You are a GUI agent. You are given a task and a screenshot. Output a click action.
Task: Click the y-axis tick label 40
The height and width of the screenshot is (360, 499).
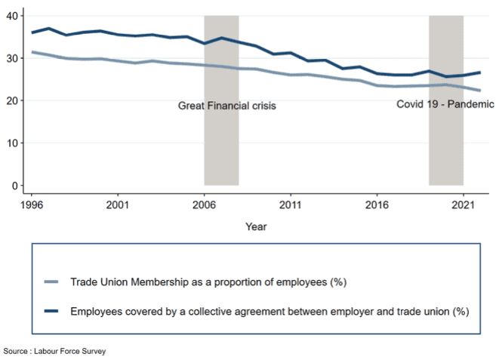[12, 15]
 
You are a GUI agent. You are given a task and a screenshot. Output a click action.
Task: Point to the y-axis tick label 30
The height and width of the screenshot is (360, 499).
[12, 58]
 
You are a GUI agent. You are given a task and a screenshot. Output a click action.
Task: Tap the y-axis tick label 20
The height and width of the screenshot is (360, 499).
[12, 100]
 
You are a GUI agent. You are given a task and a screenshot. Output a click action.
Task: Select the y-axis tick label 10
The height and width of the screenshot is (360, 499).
[12, 143]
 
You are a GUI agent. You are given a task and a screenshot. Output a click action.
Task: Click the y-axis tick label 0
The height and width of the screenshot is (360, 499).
[15, 185]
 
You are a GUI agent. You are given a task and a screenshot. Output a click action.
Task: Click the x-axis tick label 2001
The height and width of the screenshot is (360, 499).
[118, 204]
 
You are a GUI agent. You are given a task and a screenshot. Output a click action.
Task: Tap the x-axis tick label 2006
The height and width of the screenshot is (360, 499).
[205, 204]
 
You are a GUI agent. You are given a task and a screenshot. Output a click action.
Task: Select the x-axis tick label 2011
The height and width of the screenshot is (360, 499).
[291, 204]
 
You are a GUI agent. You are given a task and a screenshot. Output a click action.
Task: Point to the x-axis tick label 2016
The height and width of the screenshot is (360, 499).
[377, 204]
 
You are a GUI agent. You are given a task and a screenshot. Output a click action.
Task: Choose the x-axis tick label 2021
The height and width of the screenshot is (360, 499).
[464, 204]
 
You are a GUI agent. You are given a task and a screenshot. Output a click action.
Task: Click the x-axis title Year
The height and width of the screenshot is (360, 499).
[255, 226]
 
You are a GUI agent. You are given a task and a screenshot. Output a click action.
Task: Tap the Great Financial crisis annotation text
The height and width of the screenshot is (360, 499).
[227, 106]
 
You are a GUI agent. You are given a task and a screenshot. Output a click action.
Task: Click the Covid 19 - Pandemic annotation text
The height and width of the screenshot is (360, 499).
[445, 104]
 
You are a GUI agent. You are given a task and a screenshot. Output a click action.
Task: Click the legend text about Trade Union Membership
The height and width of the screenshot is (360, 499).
[208, 282]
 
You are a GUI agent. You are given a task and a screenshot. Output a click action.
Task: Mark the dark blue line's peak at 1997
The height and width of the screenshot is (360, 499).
[48, 29]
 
